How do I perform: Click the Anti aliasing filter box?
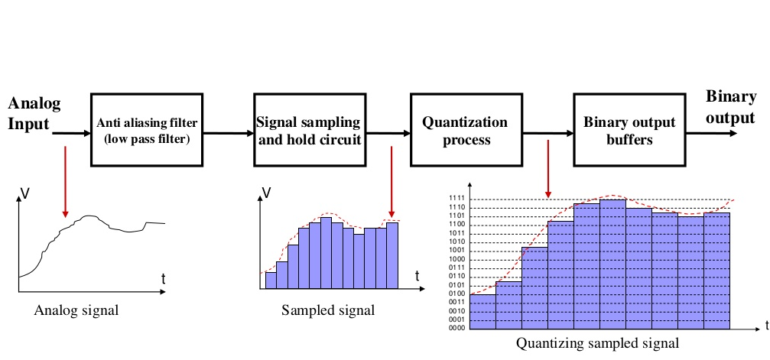tap(148, 130)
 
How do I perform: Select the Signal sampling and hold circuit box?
tap(308, 130)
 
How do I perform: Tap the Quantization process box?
tap(466, 130)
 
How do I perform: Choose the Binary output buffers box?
tap(629, 130)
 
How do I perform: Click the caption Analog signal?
tap(76, 310)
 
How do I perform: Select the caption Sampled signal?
tap(328, 310)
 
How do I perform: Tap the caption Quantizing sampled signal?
tap(597, 343)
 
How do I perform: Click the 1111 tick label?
tap(457, 199)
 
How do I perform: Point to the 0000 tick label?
tap(457, 329)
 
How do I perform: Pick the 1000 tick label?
tap(457, 260)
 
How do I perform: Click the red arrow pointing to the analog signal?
tap(65, 180)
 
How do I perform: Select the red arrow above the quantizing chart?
tap(547, 168)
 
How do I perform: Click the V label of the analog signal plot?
tap(25, 194)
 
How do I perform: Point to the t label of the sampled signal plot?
tap(417, 275)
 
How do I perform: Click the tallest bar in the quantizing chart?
tap(612, 264)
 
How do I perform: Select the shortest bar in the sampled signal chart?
tap(271, 281)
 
